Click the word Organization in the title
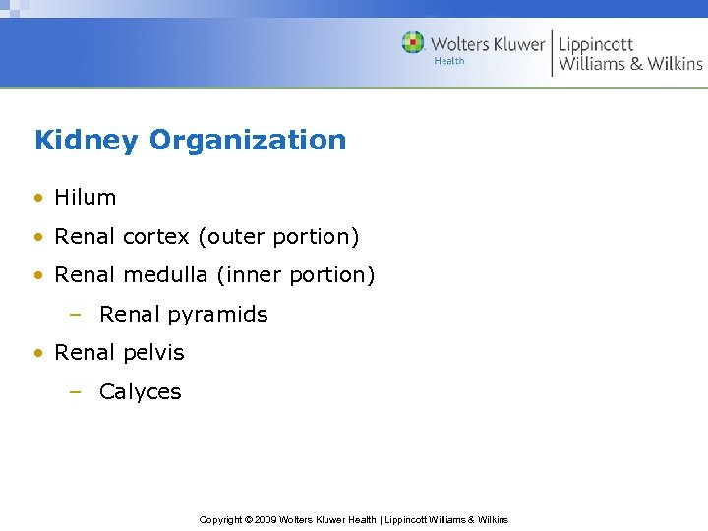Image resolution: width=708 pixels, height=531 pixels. (248, 141)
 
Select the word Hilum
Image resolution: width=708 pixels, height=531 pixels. (86, 197)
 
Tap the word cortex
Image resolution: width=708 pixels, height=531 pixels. (157, 237)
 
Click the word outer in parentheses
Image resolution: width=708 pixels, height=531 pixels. (231, 237)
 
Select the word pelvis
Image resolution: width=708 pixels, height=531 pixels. (153, 352)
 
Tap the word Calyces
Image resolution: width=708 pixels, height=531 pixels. (141, 391)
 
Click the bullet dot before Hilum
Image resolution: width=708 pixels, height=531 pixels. (38, 198)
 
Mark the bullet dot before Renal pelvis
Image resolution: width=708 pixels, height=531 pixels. (38, 353)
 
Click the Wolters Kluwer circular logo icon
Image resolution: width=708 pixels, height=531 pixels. (413, 43)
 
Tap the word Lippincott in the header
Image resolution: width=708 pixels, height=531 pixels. (596, 45)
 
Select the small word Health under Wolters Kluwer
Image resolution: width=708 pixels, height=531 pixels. (448, 61)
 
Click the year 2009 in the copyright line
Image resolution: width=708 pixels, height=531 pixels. (265, 519)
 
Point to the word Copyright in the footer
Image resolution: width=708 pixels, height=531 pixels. (220, 519)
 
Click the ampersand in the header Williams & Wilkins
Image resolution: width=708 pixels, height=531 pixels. (635, 64)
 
